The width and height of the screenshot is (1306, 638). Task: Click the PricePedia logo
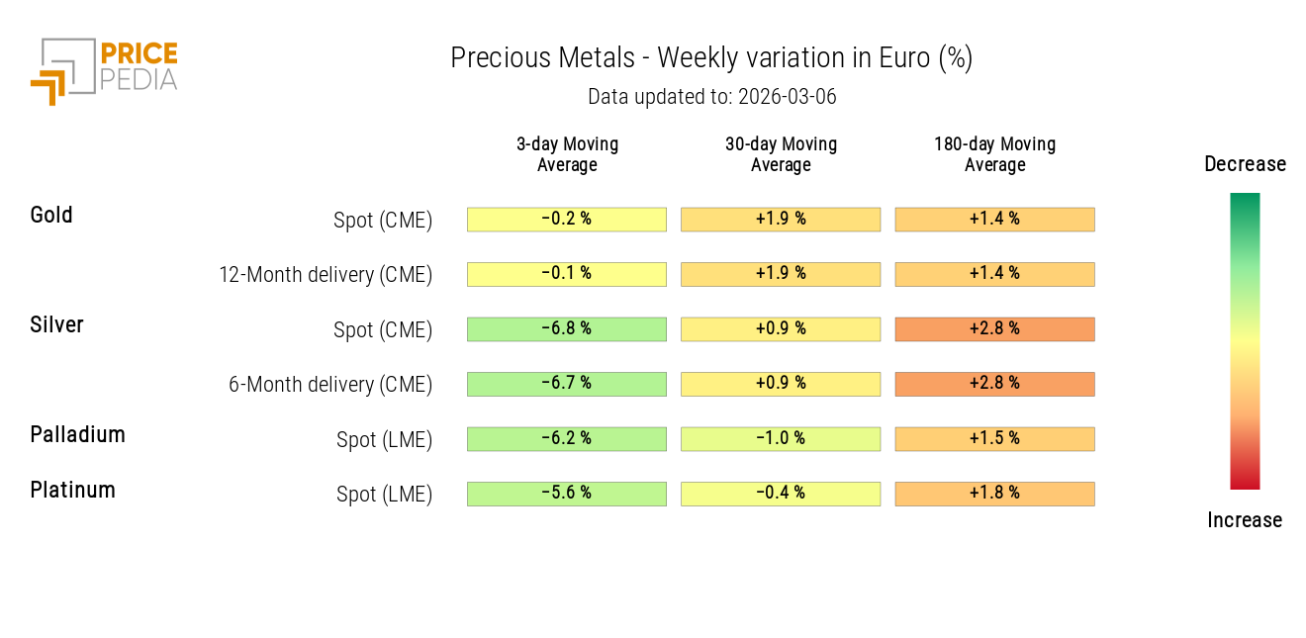tap(104, 69)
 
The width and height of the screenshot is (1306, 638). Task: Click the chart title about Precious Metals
tap(711, 58)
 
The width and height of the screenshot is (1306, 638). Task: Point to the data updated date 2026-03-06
tap(711, 97)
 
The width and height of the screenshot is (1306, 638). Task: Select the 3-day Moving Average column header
tap(567, 154)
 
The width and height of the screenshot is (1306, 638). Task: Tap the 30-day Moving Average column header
tap(781, 154)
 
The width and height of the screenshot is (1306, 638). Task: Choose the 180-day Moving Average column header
tap(994, 154)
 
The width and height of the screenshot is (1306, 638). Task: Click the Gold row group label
tap(51, 215)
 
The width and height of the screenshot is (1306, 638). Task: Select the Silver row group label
tap(56, 324)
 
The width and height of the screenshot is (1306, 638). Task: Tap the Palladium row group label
tap(77, 434)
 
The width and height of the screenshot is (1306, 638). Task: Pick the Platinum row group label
tap(72, 490)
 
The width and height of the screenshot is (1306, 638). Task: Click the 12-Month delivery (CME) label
tap(326, 275)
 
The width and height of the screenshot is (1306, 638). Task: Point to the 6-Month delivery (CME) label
tap(330, 385)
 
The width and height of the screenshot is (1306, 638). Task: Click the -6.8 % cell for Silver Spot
tap(567, 329)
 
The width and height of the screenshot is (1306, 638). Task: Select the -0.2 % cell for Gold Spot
tap(567, 220)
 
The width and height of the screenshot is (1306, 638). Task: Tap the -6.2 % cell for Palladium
tap(567, 439)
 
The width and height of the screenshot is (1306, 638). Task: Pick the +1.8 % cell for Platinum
tap(994, 494)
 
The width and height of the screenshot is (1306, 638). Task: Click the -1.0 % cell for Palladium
tap(781, 439)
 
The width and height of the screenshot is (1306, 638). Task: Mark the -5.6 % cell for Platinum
tap(567, 494)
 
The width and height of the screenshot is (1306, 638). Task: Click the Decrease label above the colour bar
tap(1245, 164)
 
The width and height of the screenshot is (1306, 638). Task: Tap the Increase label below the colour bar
tap(1245, 520)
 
